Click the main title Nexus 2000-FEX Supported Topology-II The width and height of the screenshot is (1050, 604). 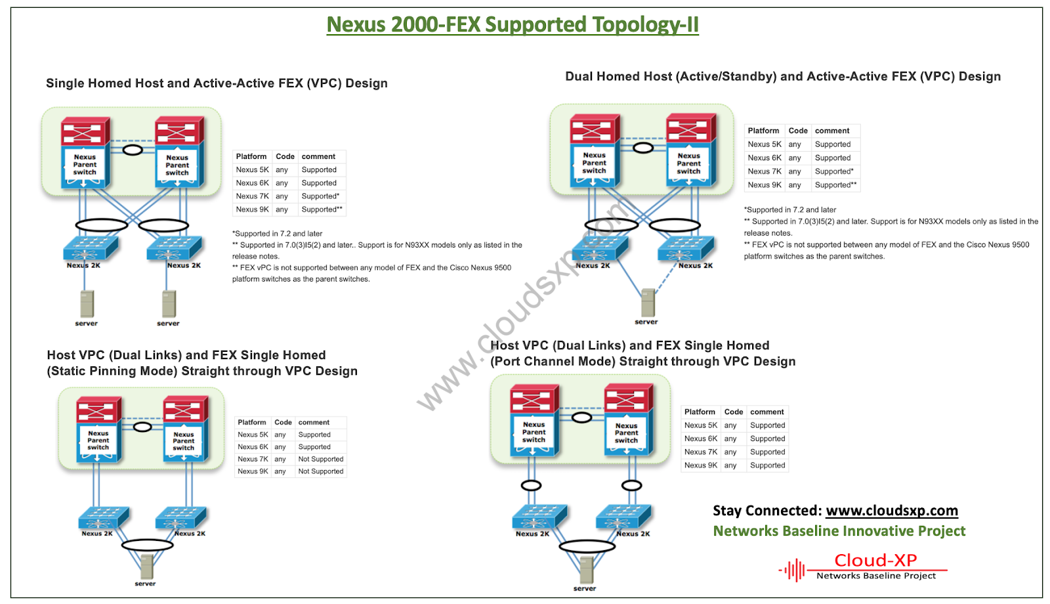coord(513,25)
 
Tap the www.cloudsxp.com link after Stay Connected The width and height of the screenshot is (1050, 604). coord(891,511)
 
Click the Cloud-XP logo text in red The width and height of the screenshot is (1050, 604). coord(875,560)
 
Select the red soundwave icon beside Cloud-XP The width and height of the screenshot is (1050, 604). coord(793,570)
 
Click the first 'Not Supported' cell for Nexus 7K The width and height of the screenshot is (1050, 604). coord(320,459)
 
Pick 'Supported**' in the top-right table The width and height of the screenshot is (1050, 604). coord(835,185)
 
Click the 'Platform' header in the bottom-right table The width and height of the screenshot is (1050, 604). coord(700,412)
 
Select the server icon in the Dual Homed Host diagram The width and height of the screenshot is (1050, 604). coord(648,303)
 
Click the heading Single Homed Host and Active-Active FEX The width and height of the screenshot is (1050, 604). coord(217,83)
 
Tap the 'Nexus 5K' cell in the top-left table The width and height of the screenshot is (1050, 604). coord(252,170)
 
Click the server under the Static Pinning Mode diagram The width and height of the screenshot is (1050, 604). coord(146,567)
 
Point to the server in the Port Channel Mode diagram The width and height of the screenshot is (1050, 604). coord(586,570)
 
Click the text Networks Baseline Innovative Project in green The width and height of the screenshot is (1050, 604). coord(839,531)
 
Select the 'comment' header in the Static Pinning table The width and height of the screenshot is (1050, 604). coord(314,423)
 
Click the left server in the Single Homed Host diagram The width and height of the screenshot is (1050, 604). coord(87,304)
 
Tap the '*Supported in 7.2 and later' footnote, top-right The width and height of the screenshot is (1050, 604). coord(791,210)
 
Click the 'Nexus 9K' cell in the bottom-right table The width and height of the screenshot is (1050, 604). coord(700,465)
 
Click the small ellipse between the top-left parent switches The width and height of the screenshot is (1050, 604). coord(133,150)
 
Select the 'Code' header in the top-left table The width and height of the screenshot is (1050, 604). coord(285,157)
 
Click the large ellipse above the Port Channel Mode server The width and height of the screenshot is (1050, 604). coord(587,546)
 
